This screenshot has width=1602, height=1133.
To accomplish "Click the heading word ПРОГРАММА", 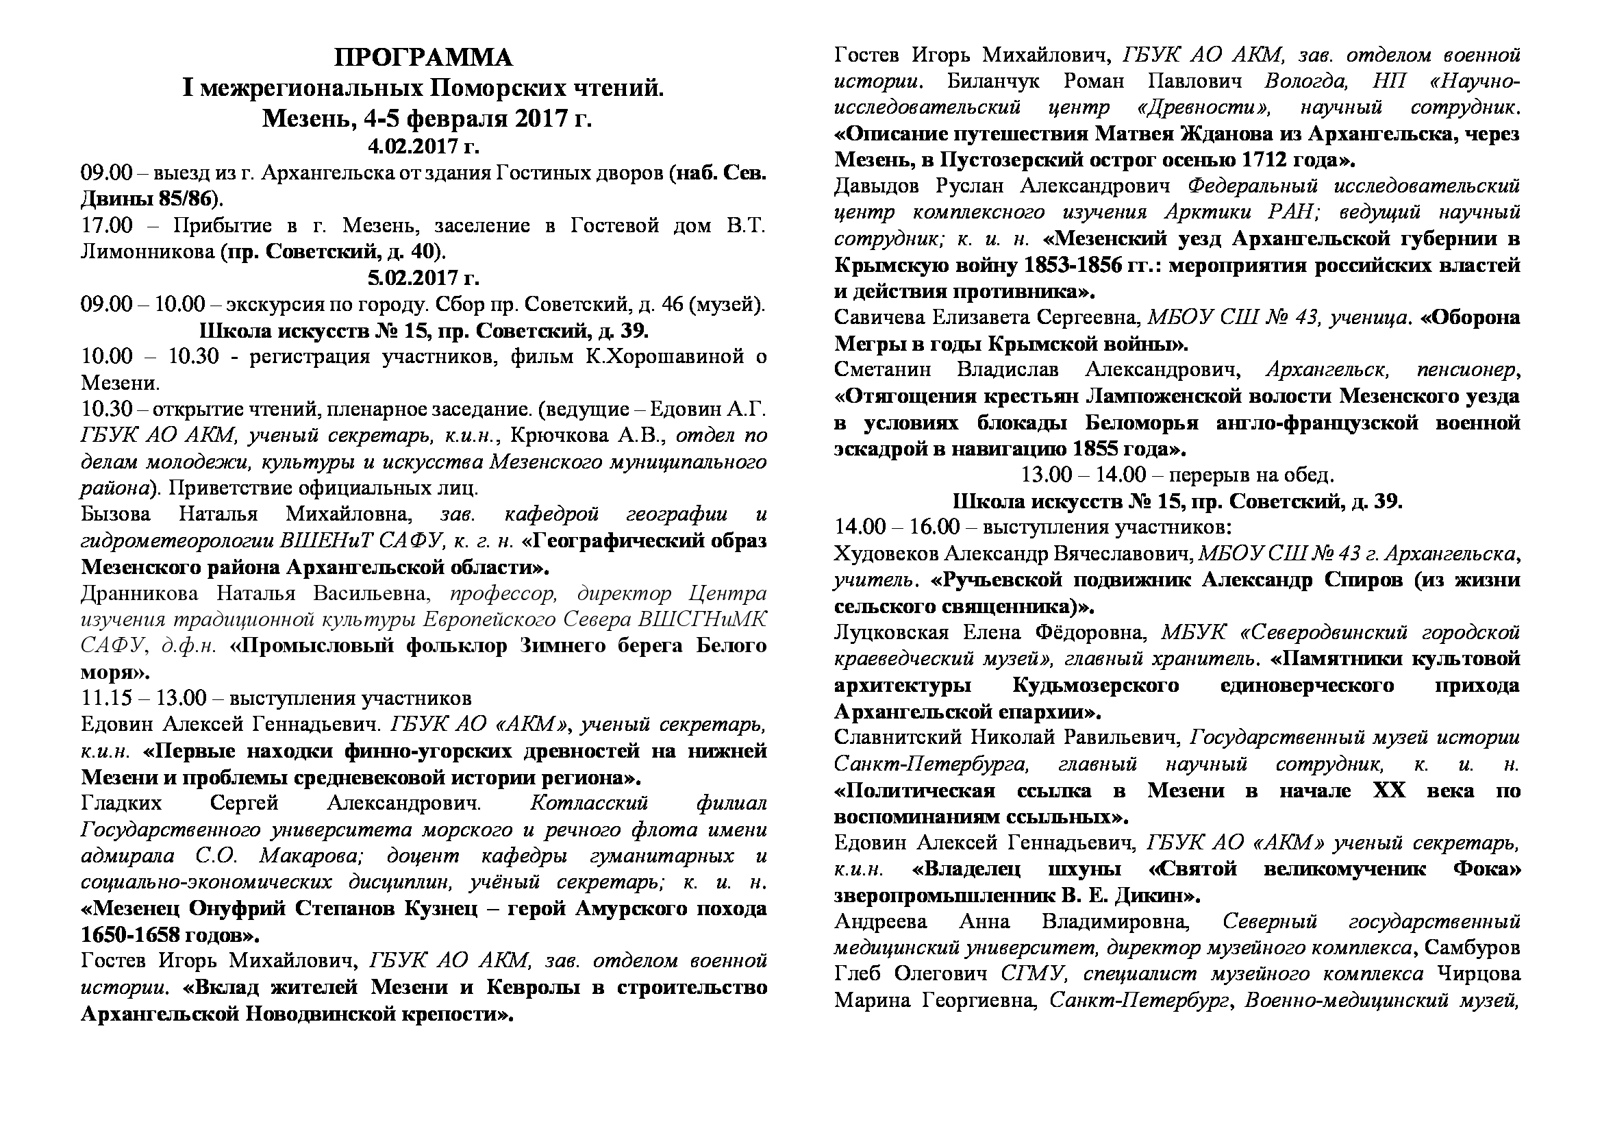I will tap(423, 58).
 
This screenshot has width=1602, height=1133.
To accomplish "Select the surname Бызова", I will tap(116, 514).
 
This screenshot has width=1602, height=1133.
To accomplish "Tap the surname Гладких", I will tap(121, 803).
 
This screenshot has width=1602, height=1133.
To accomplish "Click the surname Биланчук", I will tap(994, 81).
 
